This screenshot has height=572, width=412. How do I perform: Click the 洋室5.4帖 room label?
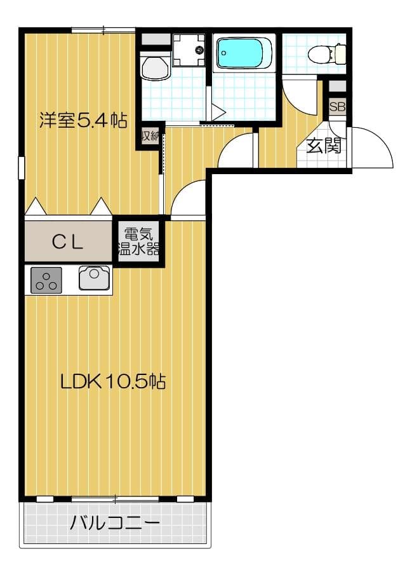coord(83,119)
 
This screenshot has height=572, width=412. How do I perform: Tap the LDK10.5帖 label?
coord(113,381)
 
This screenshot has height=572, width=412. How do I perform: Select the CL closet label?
coord(68,241)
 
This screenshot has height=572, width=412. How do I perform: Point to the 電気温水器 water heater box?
coord(138,241)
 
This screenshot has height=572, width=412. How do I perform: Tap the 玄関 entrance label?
coord(324,146)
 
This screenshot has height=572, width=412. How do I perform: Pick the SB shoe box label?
coord(337,107)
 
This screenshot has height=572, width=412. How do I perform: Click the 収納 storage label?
coord(149,136)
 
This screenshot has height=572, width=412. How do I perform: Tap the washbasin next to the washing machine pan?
coord(154,66)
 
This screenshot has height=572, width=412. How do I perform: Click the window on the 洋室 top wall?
coord(103,29)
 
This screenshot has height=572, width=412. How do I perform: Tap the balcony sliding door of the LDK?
coord(114,498)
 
